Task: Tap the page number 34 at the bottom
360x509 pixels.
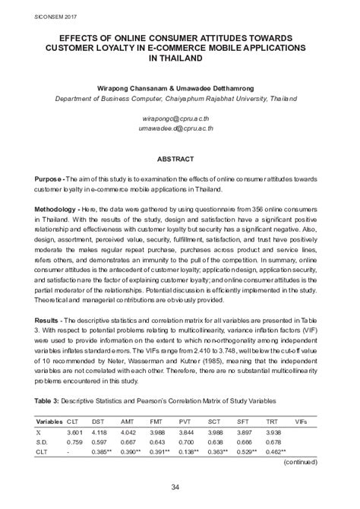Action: coord(180,486)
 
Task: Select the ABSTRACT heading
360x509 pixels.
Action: coord(180,161)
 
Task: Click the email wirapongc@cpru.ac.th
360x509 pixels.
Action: coord(180,120)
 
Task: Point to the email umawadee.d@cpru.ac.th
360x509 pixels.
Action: coord(180,129)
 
